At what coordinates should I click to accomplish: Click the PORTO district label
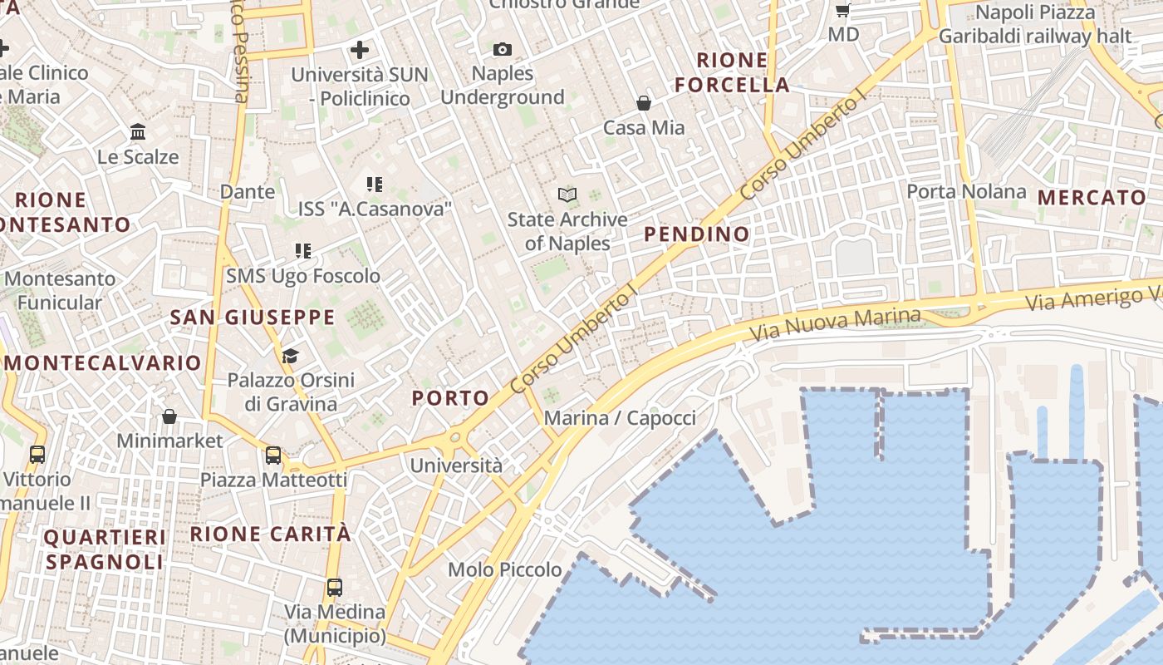click(x=450, y=398)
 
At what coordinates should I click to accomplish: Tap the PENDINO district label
click(x=697, y=234)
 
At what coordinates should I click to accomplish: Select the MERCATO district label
click(x=1092, y=198)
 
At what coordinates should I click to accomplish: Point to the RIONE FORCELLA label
click(x=732, y=72)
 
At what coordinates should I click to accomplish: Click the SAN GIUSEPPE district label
click(x=253, y=318)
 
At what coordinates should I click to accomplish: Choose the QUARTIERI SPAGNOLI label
click(x=105, y=549)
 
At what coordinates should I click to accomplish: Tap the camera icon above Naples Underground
click(x=502, y=50)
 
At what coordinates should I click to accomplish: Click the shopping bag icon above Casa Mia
click(x=643, y=103)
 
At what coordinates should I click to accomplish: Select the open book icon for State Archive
click(x=567, y=195)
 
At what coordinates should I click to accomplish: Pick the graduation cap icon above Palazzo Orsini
click(x=289, y=357)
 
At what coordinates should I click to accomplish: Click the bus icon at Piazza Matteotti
click(x=272, y=456)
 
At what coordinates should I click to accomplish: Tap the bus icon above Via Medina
click(x=334, y=588)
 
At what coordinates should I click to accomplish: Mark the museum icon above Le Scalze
click(x=138, y=132)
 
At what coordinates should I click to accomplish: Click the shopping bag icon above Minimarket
click(x=169, y=416)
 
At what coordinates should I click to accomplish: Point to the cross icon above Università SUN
click(x=359, y=50)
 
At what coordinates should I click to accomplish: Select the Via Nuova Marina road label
click(x=835, y=324)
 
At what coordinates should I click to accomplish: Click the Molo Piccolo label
click(x=504, y=570)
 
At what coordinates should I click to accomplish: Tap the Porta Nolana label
click(x=966, y=192)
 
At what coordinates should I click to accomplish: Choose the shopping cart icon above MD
click(x=842, y=11)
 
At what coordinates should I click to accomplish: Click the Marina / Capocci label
click(x=620, y=418)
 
